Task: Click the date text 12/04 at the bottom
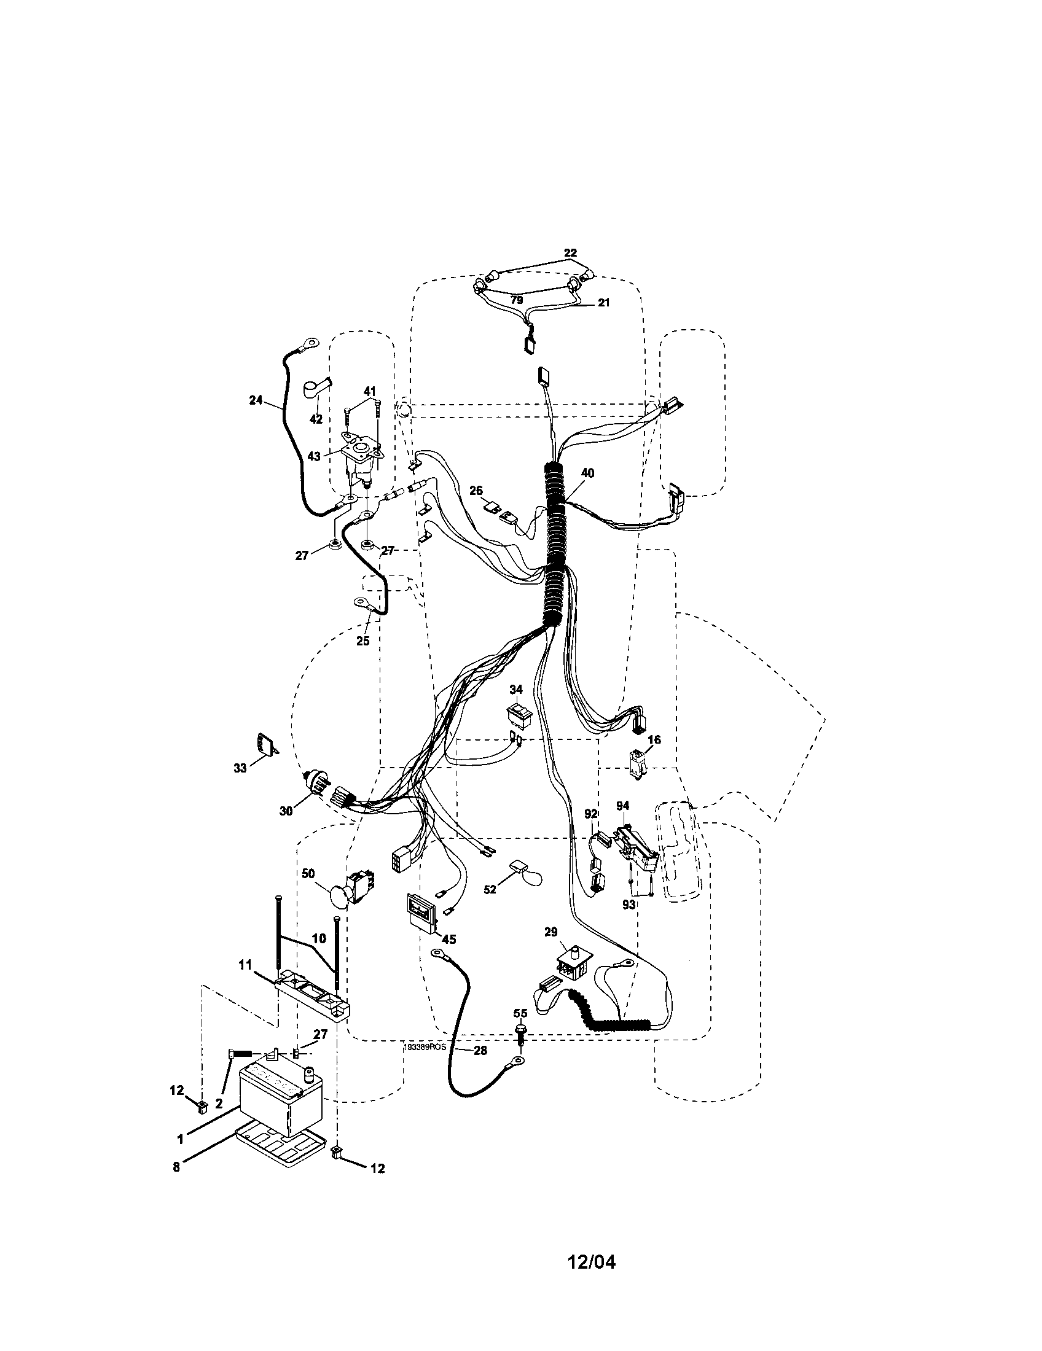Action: point(592,1261)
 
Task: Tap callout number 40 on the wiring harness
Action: point(587,473)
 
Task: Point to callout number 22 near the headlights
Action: point(570,253)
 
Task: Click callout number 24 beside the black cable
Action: point(256,401)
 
